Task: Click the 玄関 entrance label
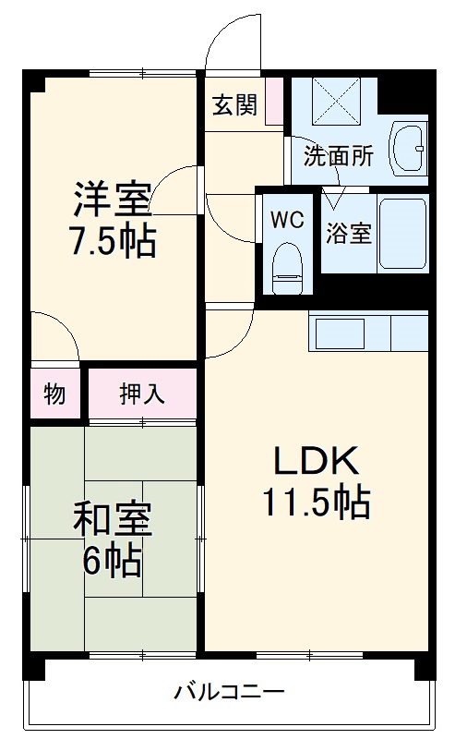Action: tap(235, 105)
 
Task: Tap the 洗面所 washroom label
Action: tap(339, 155)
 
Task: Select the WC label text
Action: tap(287, 222)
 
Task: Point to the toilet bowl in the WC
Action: tap(288, 263)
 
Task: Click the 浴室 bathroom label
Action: tap(349, 233)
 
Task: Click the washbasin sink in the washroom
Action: tap(407, 146)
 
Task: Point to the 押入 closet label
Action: tap(142, 394)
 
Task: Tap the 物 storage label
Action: tap(54, 394)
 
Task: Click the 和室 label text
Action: tap(112, 520)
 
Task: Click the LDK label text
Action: tap(314, 459)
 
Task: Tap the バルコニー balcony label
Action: tap(228, 691)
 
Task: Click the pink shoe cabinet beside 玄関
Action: tap(274, 101)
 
